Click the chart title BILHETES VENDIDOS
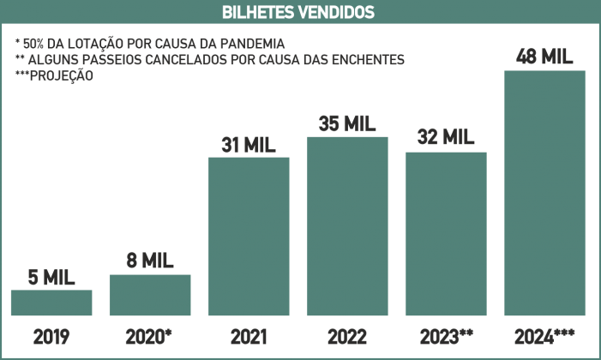click(x=300, y=12)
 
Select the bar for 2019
click(x=51, y=303)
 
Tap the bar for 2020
click(x=150, y=295)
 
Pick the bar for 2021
click(x=249, y=236)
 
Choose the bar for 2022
click(x=347, y=226)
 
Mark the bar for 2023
click(x=446, y=233)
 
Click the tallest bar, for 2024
click(x=544, y=193)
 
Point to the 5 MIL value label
click(x=51, y=278)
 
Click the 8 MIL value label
click(x=150, y=261)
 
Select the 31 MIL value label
click(x=249, y=144)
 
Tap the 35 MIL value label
click(x=347, y=123)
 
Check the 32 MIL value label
click(x=446, y=137)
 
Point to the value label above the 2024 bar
click(x=544, y=57)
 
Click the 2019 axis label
click(x=51, y=335)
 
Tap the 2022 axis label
click(x=347, y=335)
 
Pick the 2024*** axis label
click(x=546, y=335)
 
